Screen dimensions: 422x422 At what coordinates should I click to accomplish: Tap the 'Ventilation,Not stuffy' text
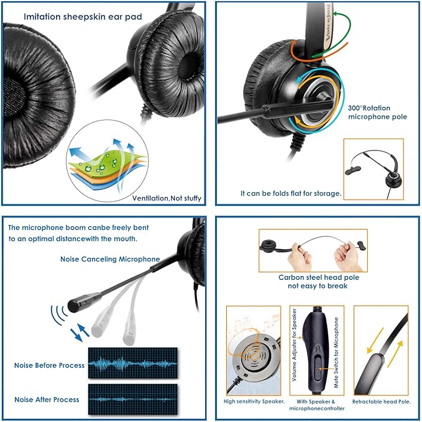click(167, 198)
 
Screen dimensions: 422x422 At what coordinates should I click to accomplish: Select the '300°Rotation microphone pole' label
click(377, 112)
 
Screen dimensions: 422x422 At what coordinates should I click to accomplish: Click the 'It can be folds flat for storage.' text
click(291, 193)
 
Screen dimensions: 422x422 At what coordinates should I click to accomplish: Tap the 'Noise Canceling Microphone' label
click(110, 259)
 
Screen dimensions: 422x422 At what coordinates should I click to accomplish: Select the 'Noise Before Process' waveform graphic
click(132, 363)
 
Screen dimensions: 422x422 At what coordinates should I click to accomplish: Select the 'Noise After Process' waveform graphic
click(132, 397)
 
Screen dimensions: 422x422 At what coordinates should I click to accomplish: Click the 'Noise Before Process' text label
click(49, 365)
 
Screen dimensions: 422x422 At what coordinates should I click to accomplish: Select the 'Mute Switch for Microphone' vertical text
click(336, 352)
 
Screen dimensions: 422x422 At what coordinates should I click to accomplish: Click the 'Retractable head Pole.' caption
click(380, 401)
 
